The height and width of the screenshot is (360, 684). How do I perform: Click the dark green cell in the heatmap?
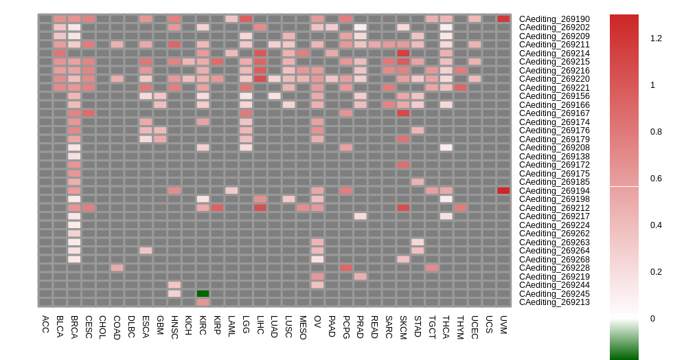pos(203,293)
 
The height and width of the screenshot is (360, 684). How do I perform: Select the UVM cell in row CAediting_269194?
pos(503,190)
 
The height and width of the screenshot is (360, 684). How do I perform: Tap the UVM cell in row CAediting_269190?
pos(503,19)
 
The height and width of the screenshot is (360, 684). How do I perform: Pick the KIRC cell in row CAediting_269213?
pos(203,302)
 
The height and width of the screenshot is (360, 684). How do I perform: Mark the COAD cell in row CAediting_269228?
pos(117,268)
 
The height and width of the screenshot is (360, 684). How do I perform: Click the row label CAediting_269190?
pos(554,19)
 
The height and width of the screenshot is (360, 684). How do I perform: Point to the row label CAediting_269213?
pos(554,302)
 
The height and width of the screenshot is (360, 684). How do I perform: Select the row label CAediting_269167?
pos(554,113)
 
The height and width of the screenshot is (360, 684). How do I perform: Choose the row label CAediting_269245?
pos(554,293)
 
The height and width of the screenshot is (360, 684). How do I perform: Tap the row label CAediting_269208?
pos(554,148)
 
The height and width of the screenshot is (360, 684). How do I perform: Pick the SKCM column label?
pos(403,326)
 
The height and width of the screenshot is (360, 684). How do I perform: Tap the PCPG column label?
pos(346,326)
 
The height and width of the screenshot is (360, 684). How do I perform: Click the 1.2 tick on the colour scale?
pos(656,38)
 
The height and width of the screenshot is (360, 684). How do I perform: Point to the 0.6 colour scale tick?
pos(656,179)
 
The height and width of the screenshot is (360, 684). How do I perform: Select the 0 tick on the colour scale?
pos(653,319)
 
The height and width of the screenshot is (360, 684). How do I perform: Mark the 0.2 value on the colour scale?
pos(656,272)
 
